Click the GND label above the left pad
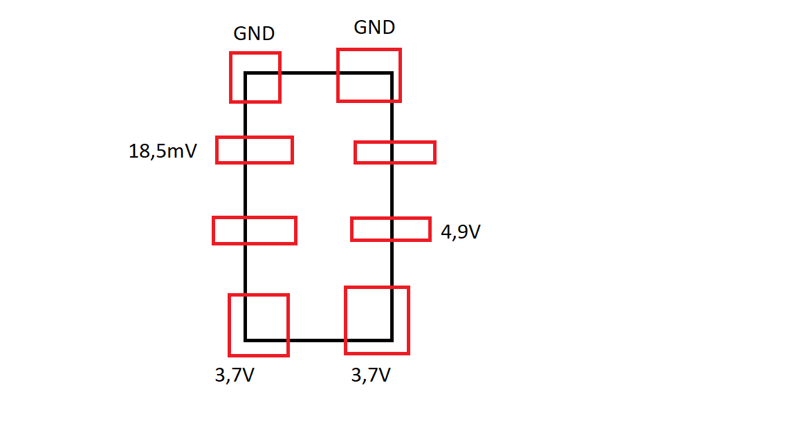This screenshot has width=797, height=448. click(254, 33)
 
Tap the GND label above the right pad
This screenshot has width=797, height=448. click(374, 28)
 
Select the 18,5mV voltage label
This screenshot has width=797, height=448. click(163, 151)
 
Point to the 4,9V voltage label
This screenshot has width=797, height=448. click(461, 232)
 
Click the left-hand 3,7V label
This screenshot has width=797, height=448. click(235, 375)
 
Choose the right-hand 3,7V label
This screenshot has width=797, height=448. click(371, 375)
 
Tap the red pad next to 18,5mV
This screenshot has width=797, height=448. click(255, 137)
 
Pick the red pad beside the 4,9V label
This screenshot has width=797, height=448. click(391, 218)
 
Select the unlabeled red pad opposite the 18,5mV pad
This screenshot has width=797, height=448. click(395, 142)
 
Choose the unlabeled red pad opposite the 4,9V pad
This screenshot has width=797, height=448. click(255, 218)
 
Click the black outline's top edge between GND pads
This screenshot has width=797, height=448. click(309, 73)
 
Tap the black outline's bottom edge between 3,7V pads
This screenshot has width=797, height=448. click(317, 340)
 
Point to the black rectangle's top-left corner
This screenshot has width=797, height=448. click(246, 73)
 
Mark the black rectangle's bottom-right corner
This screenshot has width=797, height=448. click(392, 340)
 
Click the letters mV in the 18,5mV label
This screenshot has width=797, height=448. click(182, 151)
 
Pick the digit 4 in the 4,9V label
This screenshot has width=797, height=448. click(446, 232)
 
